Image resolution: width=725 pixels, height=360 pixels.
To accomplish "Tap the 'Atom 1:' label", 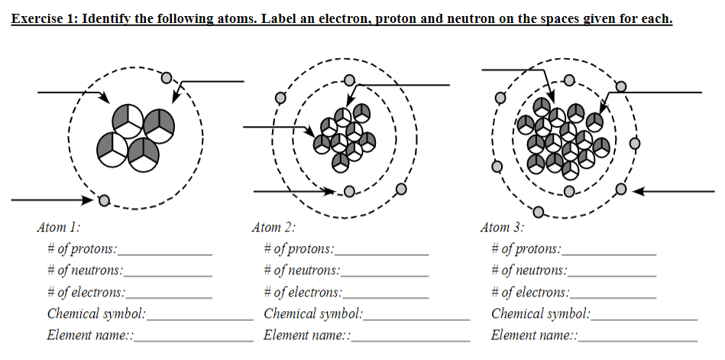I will pos(58,227).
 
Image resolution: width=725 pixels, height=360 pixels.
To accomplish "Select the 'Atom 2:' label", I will pos(273,227).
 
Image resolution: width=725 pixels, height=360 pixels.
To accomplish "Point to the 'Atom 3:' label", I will pos(502,227).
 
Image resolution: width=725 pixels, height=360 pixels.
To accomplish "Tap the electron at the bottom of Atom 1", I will pos(104,200).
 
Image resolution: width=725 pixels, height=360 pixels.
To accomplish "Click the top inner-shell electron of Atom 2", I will pos(350,80).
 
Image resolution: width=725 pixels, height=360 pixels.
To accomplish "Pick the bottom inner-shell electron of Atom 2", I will pos(349,191).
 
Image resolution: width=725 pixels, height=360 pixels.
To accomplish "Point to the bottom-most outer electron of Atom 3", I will pos(539,212).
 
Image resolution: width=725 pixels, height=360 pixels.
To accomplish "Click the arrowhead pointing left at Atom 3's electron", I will pos(640,190).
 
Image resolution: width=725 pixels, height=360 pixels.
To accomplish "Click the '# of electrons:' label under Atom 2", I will pos(303,292).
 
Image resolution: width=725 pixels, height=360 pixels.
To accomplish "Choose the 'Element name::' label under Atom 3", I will pos(534,336).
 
